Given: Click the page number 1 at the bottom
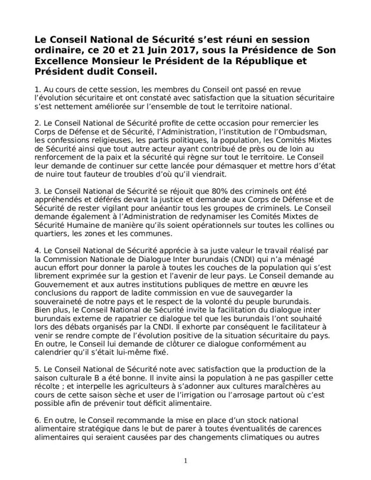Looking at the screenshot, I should [185, 460].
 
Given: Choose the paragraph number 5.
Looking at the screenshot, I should [37, 367].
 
